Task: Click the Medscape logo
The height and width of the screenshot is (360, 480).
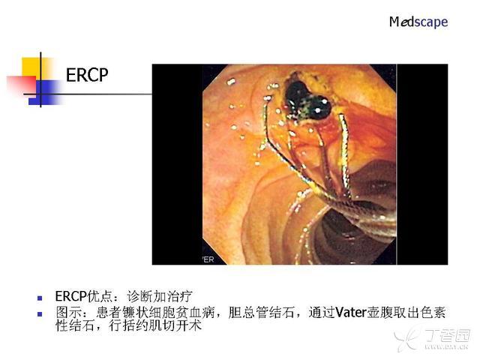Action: coord(418,22)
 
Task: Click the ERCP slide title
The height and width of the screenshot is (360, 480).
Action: coord(87,75)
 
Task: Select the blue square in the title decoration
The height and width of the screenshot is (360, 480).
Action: coord(45,92)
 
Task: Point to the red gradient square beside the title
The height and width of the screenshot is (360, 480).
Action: coord(22,85)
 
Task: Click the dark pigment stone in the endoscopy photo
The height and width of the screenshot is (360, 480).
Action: coord(308,98)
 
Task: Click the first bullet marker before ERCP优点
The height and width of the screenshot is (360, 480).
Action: coord(40,298)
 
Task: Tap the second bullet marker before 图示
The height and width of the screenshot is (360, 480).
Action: coord(40,314)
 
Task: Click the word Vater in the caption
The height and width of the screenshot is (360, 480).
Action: coord(351,313)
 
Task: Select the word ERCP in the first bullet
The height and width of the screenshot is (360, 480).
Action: coord(71,296)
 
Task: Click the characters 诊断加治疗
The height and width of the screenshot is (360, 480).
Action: coord(160,296)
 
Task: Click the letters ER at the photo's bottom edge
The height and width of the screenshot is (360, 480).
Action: coord(208,259)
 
